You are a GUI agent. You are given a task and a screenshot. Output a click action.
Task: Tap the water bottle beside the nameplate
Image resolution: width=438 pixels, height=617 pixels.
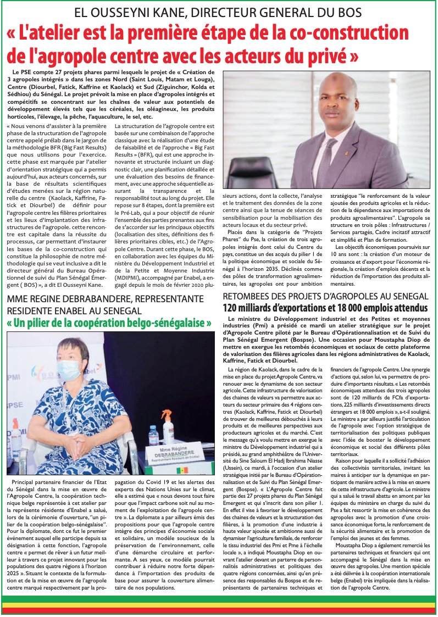point(154,434)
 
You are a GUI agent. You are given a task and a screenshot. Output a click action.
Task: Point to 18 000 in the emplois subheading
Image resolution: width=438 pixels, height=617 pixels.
point(355,307)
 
